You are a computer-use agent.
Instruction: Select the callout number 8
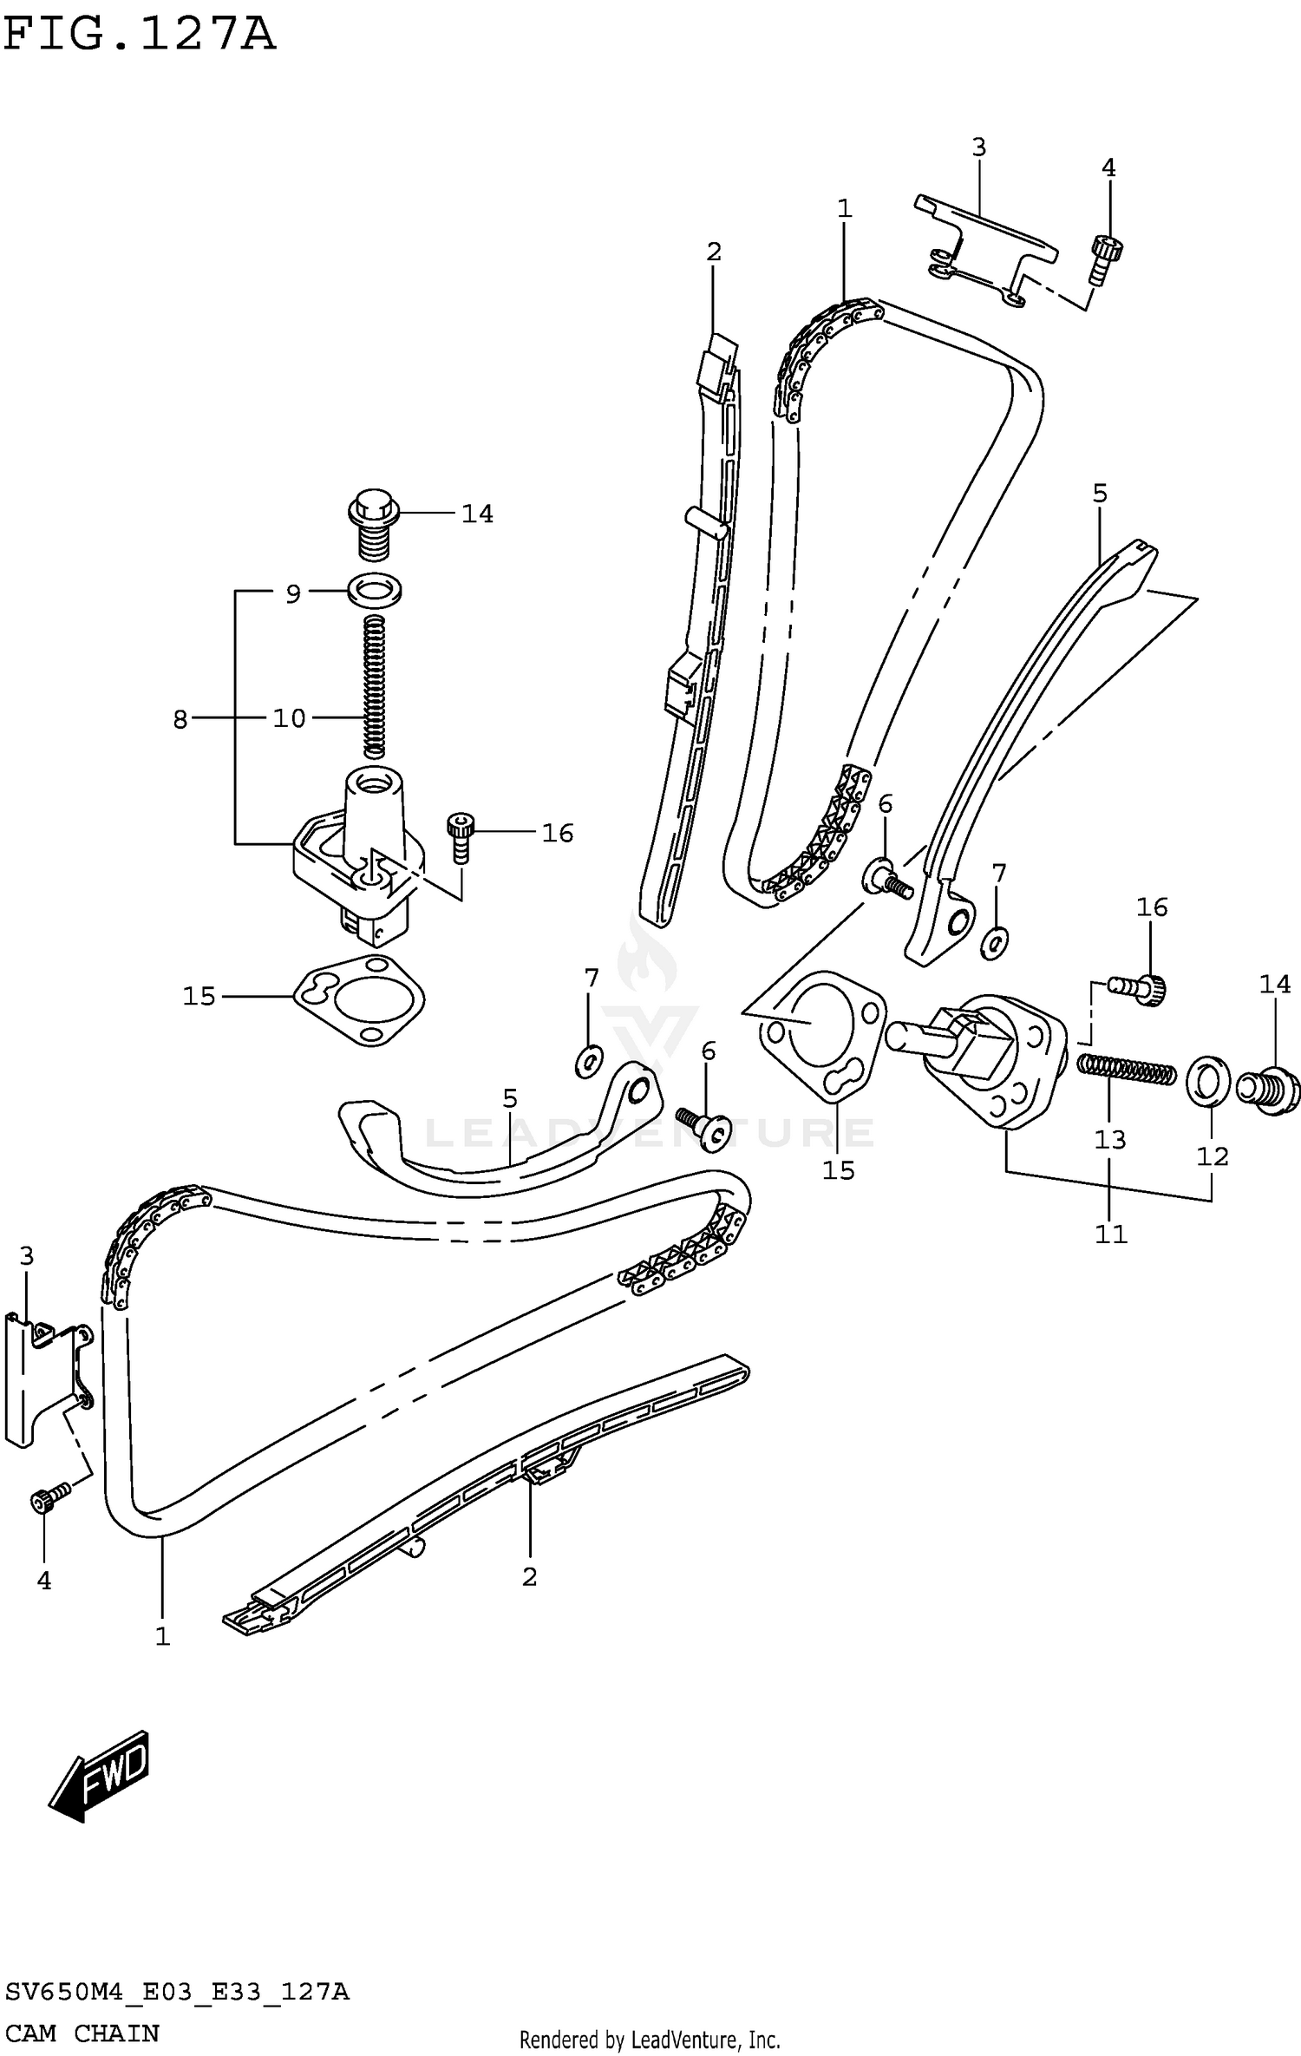click(x=180, y=719)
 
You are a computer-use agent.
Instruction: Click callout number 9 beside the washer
click(x=293, y=594)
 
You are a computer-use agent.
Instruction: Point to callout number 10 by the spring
click(x=290, y=719)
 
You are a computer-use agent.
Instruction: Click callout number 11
click(x=1110, y=1234)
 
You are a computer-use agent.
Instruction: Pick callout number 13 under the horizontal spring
click(x=1109, y=1138)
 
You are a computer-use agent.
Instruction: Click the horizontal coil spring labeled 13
click(x=1126, y=1069)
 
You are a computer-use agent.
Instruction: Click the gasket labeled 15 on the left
click(x=357, y=1001)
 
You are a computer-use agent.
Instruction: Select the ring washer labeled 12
click(x=1207, y=1082)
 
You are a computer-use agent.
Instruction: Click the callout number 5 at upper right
click(x=1099, y=494)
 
